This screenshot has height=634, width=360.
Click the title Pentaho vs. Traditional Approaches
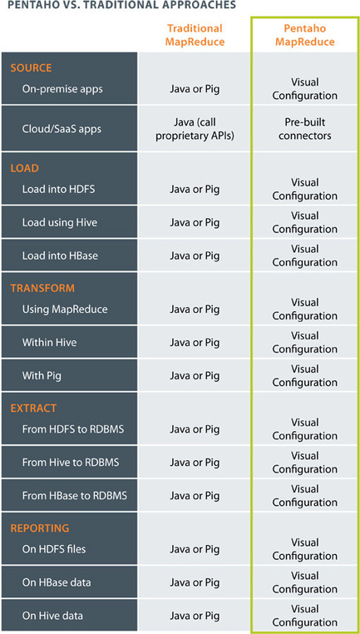(x=119, y=5)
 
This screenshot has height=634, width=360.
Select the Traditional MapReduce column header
(x=195, y=35)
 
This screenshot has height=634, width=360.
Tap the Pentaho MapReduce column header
(x=303, y=35)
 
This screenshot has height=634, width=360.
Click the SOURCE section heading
(x=31, y=67)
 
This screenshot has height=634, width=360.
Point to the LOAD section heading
(x=24, y=168)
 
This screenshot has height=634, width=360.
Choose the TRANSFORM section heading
(x=42, y=288)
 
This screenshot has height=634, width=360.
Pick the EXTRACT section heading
(x=33, y=408)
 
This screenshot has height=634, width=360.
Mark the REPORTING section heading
(x=40, y=528)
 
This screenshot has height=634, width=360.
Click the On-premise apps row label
(x=62, y=89)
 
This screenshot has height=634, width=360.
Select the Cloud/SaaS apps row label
(x=62, y=129)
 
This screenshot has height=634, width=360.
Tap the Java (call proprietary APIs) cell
(x=195, y=129)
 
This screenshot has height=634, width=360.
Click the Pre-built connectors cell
(x=304, y=129)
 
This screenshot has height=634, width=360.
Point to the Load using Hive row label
(x=59, y=222)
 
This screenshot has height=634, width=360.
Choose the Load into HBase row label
(x=60, y=255)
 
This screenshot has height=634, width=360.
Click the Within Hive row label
(x=49, y=343)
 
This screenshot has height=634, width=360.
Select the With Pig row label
(x=42, y=376)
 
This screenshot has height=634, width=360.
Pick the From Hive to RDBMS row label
(x=71, y=462)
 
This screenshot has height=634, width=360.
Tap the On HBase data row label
(x=57, y=582)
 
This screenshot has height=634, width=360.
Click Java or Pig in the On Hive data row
(x=195, y=616)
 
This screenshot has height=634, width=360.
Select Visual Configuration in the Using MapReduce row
(x=304, y=309)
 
